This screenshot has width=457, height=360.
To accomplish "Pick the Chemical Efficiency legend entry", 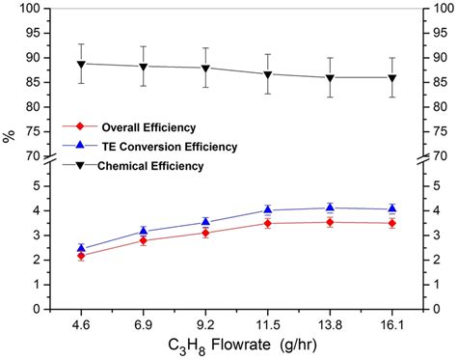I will coord(149,166).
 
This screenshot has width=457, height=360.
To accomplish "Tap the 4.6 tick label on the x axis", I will coord(81,314).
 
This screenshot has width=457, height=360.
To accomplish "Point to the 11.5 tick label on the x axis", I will coord(267,314).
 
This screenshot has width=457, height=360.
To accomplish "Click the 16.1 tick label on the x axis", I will coord(391,314).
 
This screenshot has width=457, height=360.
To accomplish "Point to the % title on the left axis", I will coord(10,136).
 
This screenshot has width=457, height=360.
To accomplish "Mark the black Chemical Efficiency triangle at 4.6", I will coord(82,64).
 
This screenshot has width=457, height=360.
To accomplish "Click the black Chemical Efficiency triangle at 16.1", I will coord(391,78).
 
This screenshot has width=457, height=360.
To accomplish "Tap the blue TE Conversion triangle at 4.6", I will coord(82,248).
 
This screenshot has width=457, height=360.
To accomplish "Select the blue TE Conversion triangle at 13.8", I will coord(330,207).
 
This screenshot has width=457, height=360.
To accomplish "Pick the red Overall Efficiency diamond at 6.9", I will coord(144,240).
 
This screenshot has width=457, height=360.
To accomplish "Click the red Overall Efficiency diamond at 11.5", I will coord(268,223).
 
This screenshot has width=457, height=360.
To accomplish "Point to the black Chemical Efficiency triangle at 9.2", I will coord(206,69).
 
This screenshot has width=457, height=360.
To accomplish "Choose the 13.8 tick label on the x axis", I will coord(329,314).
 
